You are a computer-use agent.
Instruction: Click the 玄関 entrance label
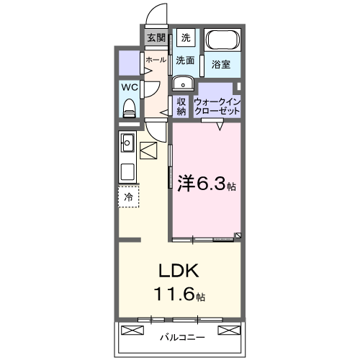click(156, 37)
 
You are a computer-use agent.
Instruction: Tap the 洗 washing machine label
click(185, 37)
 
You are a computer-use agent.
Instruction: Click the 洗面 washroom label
click(185, 61)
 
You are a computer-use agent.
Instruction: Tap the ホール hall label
click(156, 60)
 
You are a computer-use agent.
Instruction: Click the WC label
click(129, 87)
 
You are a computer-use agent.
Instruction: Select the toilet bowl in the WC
click(129, 108)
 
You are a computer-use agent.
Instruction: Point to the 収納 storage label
click(181, 106)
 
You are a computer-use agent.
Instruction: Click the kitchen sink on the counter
click(127, 142)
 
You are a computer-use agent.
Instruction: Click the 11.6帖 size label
click(179, 294)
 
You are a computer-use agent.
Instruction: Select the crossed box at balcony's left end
click(132, 330)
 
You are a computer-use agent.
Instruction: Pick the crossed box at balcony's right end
click(228, 330)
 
